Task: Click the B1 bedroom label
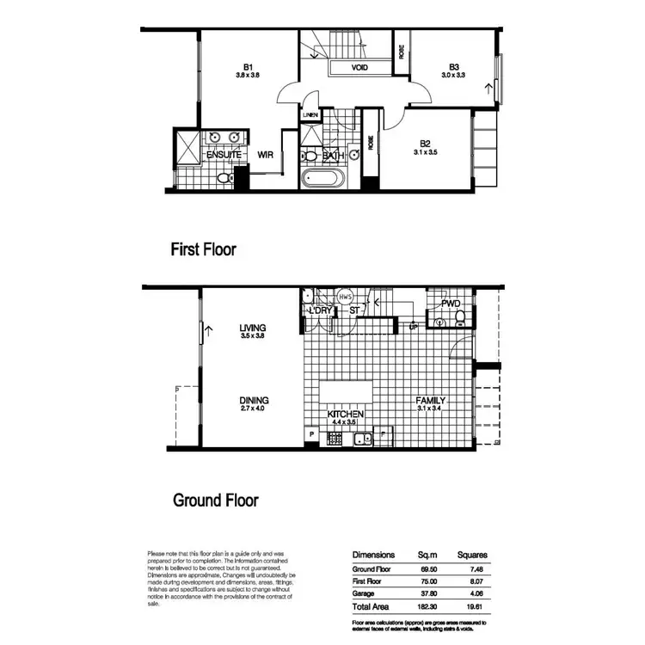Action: click(249, 66)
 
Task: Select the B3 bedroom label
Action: click(453, 66)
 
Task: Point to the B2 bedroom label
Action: click(426, 144)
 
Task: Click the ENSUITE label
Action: click(224, 155)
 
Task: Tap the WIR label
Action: click(266, 156)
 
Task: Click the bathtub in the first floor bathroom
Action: click(322, 181)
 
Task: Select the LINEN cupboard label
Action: click(310, 114)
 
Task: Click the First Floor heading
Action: click(203, 250)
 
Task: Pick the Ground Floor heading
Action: click(215, 500)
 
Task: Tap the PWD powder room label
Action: click(451, 304)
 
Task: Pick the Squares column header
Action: click(472, 555)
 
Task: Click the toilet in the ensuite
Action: click(224, 179)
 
